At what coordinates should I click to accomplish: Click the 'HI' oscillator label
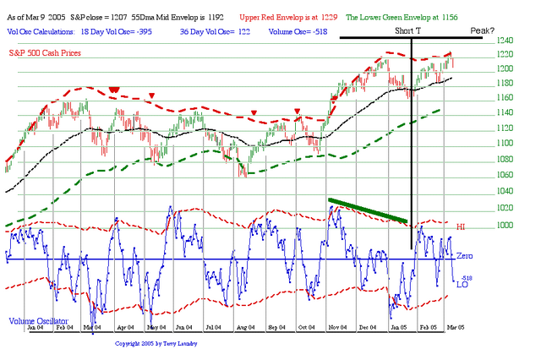tap(462, 227)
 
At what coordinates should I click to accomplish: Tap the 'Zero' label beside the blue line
tap(465, 255)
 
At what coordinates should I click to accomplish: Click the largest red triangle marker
tap(113, 90)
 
